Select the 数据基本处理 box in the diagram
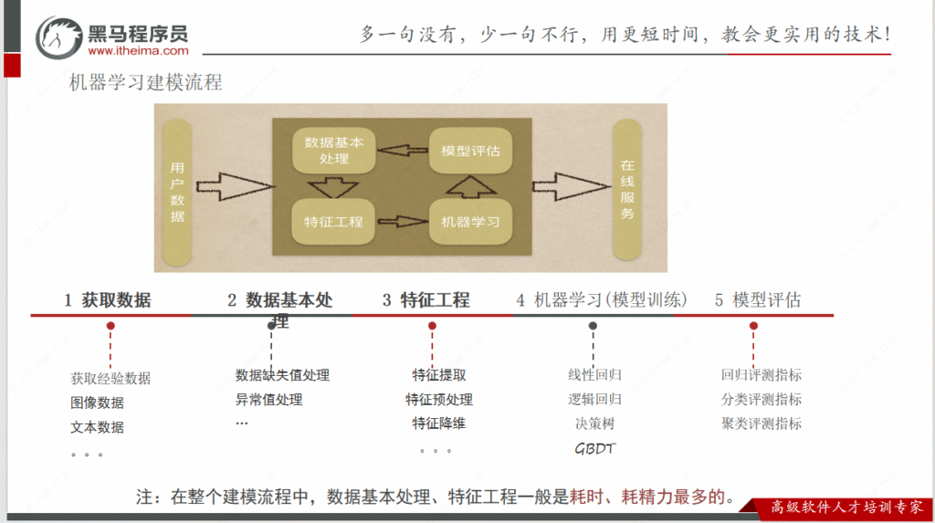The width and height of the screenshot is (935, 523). [333, 152]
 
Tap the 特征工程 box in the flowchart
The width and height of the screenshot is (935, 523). [333, 222]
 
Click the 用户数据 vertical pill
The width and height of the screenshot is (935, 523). [177, 193]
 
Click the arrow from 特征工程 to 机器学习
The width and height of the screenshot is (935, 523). [402, 222]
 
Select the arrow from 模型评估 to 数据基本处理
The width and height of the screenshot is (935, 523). [402, 151]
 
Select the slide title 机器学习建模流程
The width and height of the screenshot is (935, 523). [146, 83]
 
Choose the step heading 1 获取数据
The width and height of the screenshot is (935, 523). [108, 300]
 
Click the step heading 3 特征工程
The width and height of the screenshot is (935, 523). [425, 300]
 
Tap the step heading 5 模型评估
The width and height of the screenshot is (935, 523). [758, 300]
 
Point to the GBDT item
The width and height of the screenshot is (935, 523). [594, 448]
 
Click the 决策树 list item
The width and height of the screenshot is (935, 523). [594, 424]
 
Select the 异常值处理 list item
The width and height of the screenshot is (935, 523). [268, 400]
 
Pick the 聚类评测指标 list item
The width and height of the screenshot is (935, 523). [762, 424]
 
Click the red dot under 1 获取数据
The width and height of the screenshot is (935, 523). [110, 326]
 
